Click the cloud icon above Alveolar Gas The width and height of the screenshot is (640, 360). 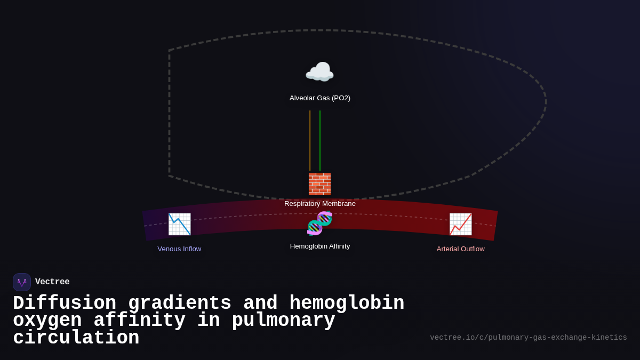[319, 73]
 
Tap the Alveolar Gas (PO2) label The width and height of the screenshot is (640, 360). [320, 98]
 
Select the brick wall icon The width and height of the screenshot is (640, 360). [319, 184]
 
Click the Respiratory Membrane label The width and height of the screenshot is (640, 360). [320, 204]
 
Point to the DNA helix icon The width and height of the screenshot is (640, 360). [319, 223]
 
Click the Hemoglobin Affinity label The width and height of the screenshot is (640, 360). [320, 246]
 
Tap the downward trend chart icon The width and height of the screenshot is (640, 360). [179, 224]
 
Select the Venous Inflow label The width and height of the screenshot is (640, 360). [179, 249]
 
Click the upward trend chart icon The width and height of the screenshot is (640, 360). [460, 224]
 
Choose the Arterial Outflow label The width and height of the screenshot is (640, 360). [460, 249]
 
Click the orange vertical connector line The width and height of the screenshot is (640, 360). [310, 140]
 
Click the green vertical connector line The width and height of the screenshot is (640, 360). [320, 140]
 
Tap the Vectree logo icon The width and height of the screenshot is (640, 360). [22, 282]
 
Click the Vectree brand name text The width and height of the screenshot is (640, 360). [52, 282]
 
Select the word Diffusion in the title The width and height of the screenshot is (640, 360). [65, 303]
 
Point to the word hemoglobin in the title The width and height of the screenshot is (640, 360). [347, 303]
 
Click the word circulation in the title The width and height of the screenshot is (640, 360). [76, 338]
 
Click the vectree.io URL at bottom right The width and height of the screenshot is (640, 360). [528, 338]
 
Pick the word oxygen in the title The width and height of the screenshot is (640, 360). [47, 321]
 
